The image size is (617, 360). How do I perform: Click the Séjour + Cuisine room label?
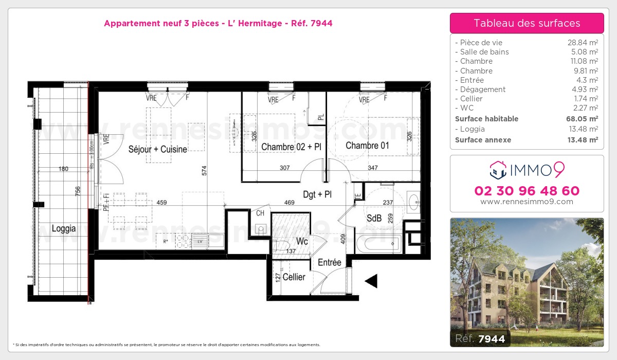point(158,149)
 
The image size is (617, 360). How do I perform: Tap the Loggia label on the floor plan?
point(64,229)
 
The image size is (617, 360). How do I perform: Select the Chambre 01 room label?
point(367,146)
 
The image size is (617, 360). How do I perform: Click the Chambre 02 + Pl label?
point(291,147)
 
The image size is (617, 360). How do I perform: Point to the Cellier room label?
point(294,277)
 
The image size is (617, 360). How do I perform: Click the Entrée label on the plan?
point(330,263)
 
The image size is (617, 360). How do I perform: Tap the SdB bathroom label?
point(374,219)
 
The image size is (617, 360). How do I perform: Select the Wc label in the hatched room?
point(302,241)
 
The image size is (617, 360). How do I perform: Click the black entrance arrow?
point(371,281)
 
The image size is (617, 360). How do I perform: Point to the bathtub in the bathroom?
point(378,243)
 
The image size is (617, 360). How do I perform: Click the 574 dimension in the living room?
point(205,171)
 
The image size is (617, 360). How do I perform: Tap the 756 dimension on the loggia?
point(78,191)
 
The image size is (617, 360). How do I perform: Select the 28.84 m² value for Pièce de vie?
point(582,43)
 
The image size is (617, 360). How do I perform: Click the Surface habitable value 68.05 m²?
point(582,119)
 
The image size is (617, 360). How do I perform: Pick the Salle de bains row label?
point(484,52)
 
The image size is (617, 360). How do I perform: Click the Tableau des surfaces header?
point(527,23)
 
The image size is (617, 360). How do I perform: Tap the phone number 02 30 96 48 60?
point(527,191)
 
